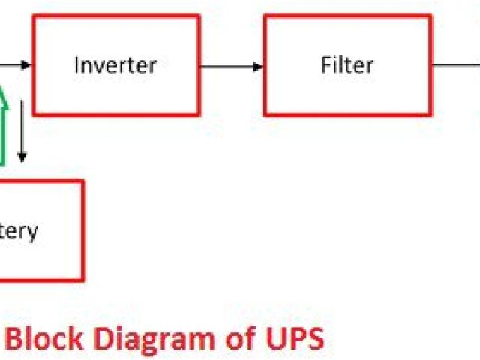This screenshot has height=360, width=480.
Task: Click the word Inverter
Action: (x=115, y=64)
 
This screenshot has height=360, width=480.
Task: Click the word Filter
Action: (x=347, y=64)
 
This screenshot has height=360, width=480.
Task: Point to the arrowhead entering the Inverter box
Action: (x=27, y=65)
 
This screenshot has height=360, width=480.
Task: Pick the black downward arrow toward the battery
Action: (x=22, y=127)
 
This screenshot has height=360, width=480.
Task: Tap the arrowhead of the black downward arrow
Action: (x=22, y=157)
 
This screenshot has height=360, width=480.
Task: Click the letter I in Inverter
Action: (x=76, y=64)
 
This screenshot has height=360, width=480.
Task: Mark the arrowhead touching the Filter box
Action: (x=259, y=65)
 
